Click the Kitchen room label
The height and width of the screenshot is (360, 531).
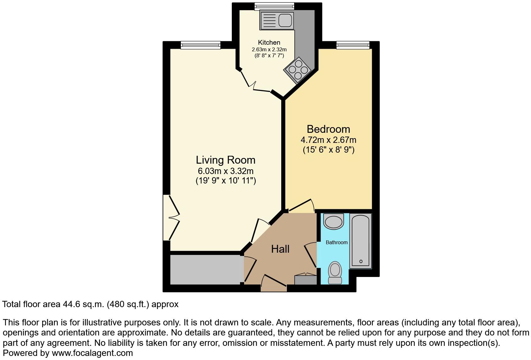(269, 42)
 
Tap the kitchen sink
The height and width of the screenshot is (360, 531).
(277, 20)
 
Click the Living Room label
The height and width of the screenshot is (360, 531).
(226, 160)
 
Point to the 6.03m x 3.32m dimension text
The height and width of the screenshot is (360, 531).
(226, 171)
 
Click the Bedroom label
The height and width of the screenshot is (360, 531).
(328, 129)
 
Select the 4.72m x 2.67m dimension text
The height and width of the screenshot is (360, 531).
(328, 140)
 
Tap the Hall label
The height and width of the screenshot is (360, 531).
(280, 249)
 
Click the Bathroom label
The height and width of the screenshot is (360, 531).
(336, 242)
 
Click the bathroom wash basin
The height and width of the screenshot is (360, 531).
(334, 221)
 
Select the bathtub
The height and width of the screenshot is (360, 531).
(361, 241)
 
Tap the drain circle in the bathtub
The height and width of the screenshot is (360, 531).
(361, 261)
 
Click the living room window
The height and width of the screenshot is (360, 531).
(200, 45)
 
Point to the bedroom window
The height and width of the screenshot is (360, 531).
(353, 45)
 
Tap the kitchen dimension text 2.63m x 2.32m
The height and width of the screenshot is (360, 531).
(269, 50)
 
